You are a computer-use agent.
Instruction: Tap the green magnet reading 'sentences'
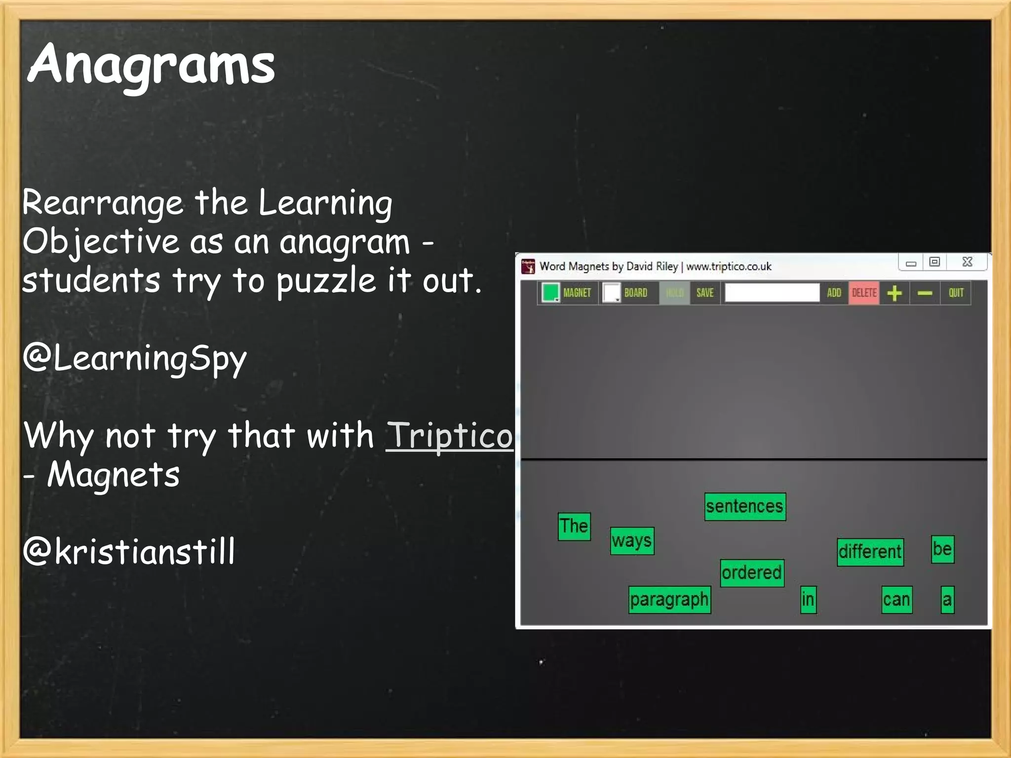pos(745,507)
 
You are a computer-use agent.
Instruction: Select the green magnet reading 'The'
pos(574,527)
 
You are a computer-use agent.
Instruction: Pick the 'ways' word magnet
pos(632,541)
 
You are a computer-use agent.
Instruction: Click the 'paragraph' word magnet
pos(669,600)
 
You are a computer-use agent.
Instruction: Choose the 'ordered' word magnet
pos(752,573)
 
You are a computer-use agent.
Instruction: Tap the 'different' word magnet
pos(870,552)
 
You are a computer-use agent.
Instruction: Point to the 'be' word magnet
pos(942,549)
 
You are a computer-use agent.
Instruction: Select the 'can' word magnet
pos(896,600)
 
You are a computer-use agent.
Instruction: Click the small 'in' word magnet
pos(808,600)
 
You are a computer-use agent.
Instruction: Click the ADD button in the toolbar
pos(834,293)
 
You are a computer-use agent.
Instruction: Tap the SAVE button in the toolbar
pos(705,293)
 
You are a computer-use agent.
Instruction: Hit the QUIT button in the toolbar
pos(956,293)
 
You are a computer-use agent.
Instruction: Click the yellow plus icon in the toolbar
pos(894,293)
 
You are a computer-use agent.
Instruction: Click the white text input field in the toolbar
pos(772,293)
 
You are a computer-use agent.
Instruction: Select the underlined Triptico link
pos(449,436)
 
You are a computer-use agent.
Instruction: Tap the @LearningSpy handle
pos(134,358)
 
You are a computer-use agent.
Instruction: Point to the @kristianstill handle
pos(129,551)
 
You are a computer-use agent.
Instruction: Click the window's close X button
pos(967,262)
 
